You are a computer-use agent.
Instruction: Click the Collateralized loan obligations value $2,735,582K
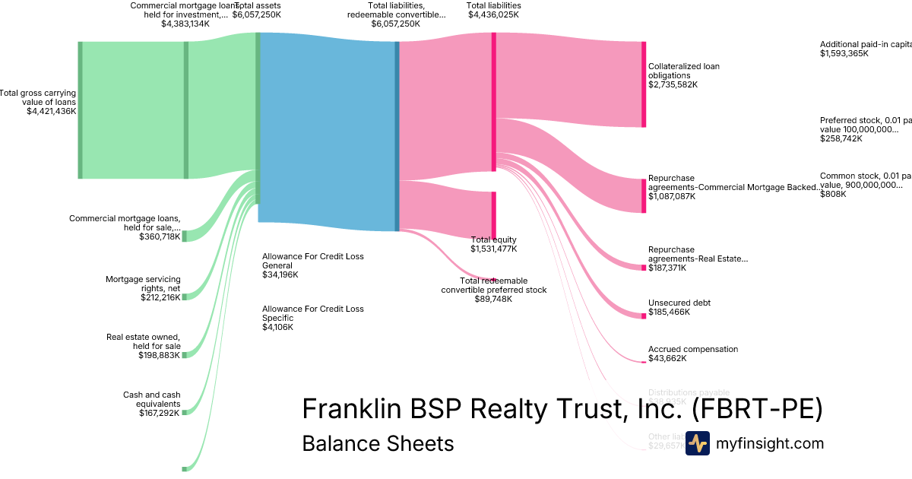coord(673,84)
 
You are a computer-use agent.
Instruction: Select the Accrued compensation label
coord(692,349)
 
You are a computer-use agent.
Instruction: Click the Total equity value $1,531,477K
coord(493,249)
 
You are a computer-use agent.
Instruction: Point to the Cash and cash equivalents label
coord(152,399)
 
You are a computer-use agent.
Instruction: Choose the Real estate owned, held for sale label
coord(144,341)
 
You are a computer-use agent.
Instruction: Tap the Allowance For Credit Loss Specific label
coord(312,313)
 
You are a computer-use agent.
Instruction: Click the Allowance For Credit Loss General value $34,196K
coord(280,274)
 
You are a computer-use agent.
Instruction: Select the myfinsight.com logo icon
coord(698,443)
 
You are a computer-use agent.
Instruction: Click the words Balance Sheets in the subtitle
coord(378,443)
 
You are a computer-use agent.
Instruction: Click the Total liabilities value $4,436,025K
coord(493,14)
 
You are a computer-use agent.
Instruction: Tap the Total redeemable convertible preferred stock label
coord(493,285)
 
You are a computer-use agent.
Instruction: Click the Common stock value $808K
coord(833,194)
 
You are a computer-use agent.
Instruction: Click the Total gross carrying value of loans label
coord(38,98)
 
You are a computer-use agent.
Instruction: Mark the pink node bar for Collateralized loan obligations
coord(644,84)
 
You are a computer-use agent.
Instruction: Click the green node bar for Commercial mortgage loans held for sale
coord(184,235)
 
